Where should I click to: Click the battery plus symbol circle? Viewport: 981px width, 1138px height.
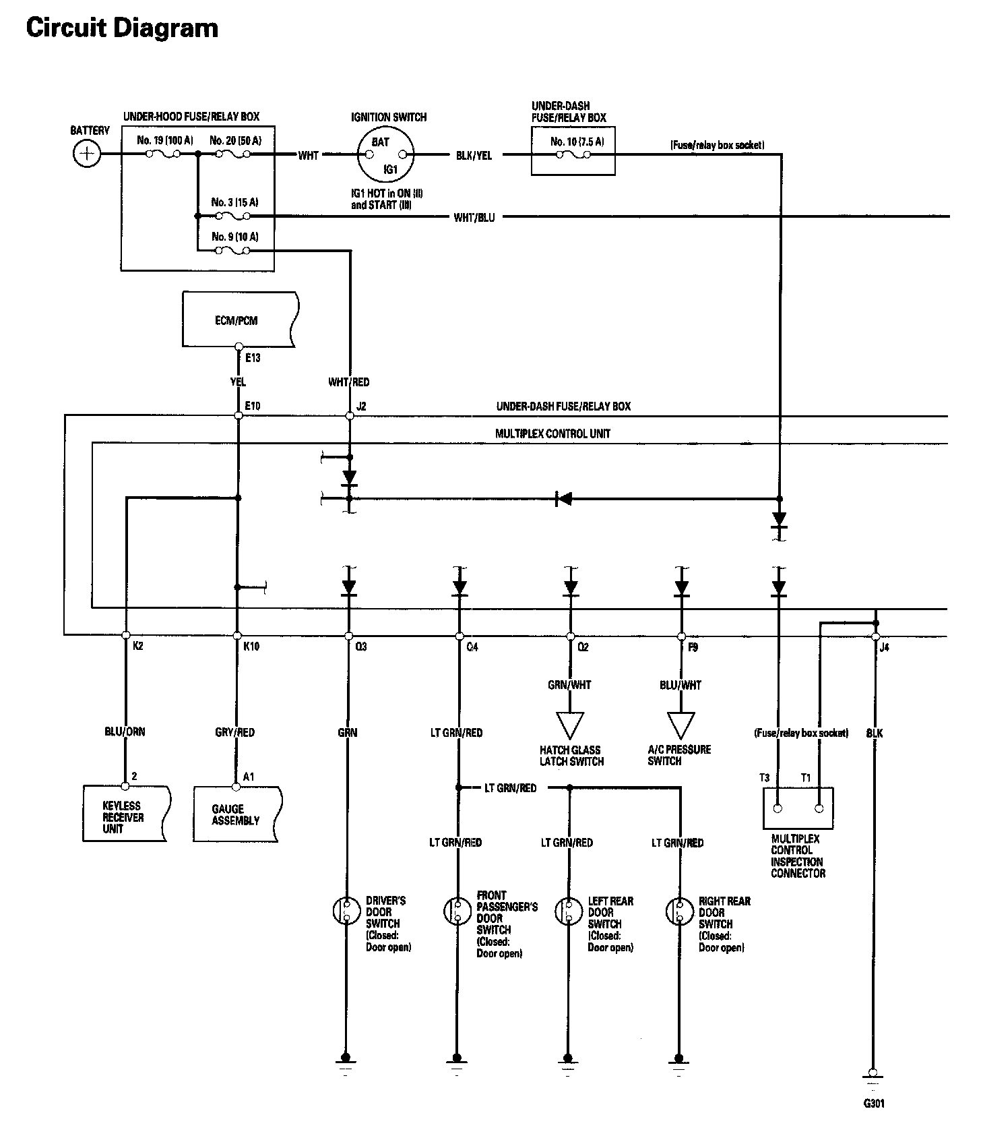tap(86, 154)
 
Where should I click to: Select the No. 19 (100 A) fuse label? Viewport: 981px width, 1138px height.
tap(164, 140)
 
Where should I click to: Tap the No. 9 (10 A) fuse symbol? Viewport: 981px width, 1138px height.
tap(232, 251)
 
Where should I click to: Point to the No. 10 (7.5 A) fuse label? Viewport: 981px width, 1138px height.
tap(577, 142)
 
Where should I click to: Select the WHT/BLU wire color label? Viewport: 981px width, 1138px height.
tap(474, 217)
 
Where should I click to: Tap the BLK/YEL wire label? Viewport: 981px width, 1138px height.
tap(474, 156)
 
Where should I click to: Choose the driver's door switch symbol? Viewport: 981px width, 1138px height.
tap(346, 911)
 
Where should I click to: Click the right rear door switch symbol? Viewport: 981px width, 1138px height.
tap(679, 911)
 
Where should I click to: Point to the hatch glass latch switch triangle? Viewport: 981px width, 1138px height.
tap(570, 725)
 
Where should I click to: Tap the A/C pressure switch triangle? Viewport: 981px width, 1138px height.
tap(681, 725)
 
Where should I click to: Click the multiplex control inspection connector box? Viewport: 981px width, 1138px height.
tap(798, 808)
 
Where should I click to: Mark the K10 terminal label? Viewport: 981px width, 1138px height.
tap(251, 647)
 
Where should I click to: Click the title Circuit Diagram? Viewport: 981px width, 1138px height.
tap(122, 28)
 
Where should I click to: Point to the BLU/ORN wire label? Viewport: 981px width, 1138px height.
tap(125, 731)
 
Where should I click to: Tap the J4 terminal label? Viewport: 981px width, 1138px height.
tap(885, 647)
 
